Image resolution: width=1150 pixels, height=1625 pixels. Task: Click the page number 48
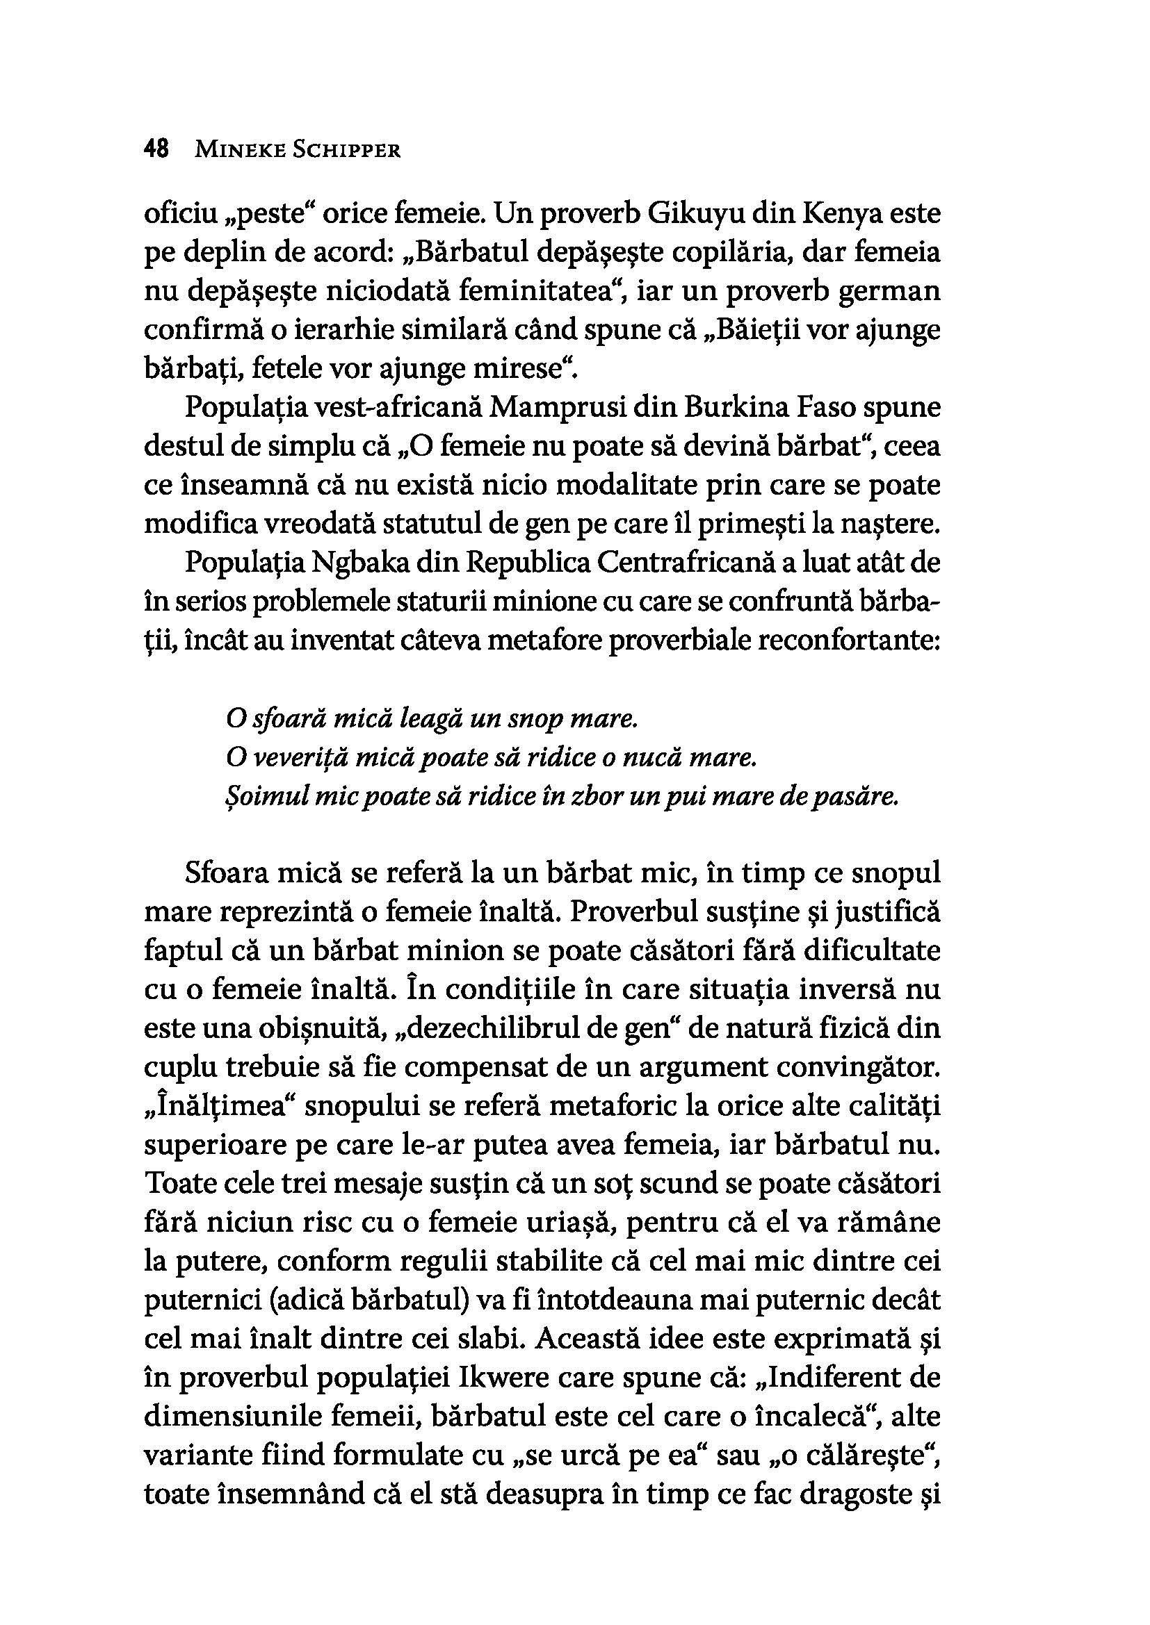click(156, 149)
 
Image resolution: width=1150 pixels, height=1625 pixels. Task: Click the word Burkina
click(725, 409)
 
